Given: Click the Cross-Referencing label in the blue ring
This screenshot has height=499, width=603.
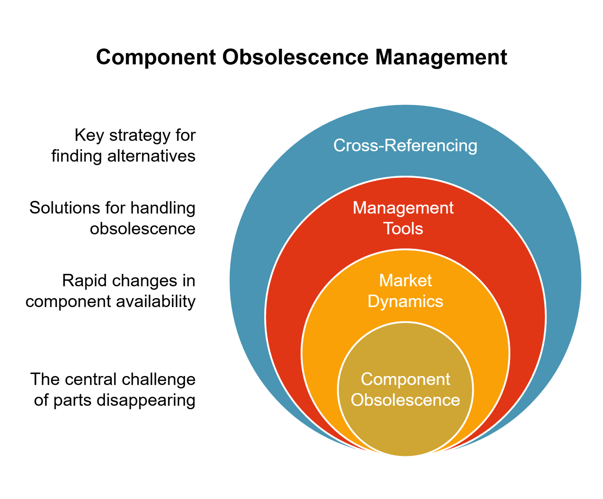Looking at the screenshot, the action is (405, 146).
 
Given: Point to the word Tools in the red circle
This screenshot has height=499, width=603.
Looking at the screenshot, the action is (403, 229).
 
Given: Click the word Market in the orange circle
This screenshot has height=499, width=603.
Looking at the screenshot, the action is (405, 280).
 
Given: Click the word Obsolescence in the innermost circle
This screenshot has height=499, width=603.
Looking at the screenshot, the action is (405, 400).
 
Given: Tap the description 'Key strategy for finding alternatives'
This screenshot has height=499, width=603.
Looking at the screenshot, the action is (123, 146).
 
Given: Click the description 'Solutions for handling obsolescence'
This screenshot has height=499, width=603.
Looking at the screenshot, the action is (112, 218).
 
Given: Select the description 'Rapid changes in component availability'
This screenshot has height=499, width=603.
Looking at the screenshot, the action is (111, 291).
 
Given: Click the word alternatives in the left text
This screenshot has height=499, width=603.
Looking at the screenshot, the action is (151, 156).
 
